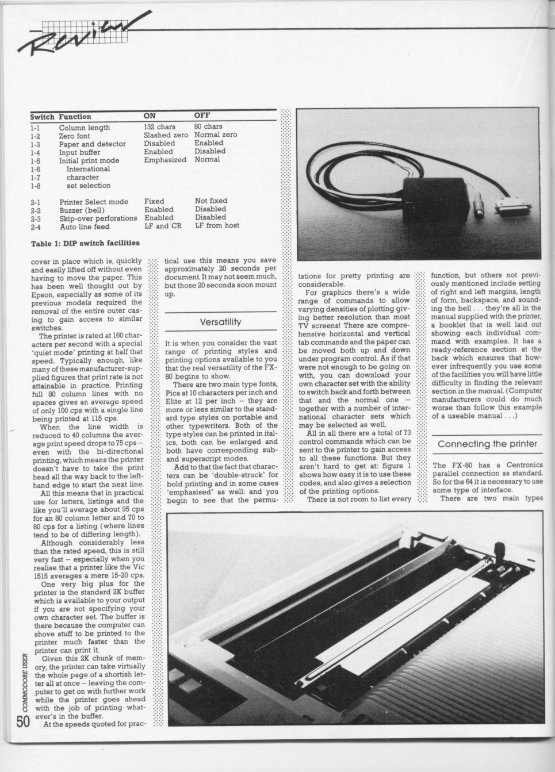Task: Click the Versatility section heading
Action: tap(220, 321)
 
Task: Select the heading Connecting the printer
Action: tap(487, 444)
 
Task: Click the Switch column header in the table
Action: tap(42, 117)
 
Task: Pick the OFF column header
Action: tap(202, 116)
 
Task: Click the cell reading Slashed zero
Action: tap(166, 135)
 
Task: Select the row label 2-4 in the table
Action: tap(36, 226)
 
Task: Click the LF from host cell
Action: tap(217, 226)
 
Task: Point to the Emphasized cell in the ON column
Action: tap(165, 160)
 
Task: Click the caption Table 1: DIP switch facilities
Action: tap(85, 243)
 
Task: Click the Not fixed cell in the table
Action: tap(211, 201)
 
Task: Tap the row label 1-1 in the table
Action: tap(36, 127)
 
